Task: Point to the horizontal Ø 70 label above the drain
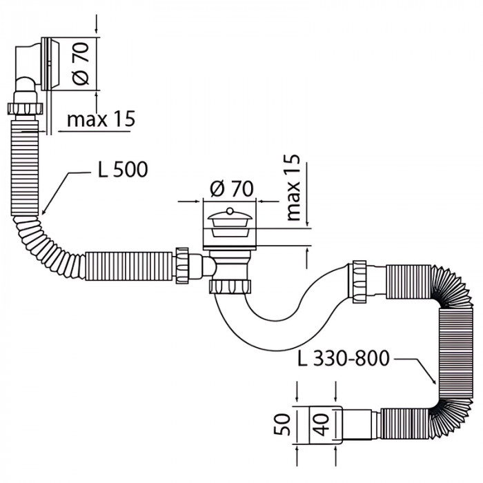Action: click(x=230, y=188)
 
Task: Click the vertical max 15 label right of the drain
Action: click(x=293, y=188)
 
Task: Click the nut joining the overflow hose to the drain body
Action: click(x=183, y=264)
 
